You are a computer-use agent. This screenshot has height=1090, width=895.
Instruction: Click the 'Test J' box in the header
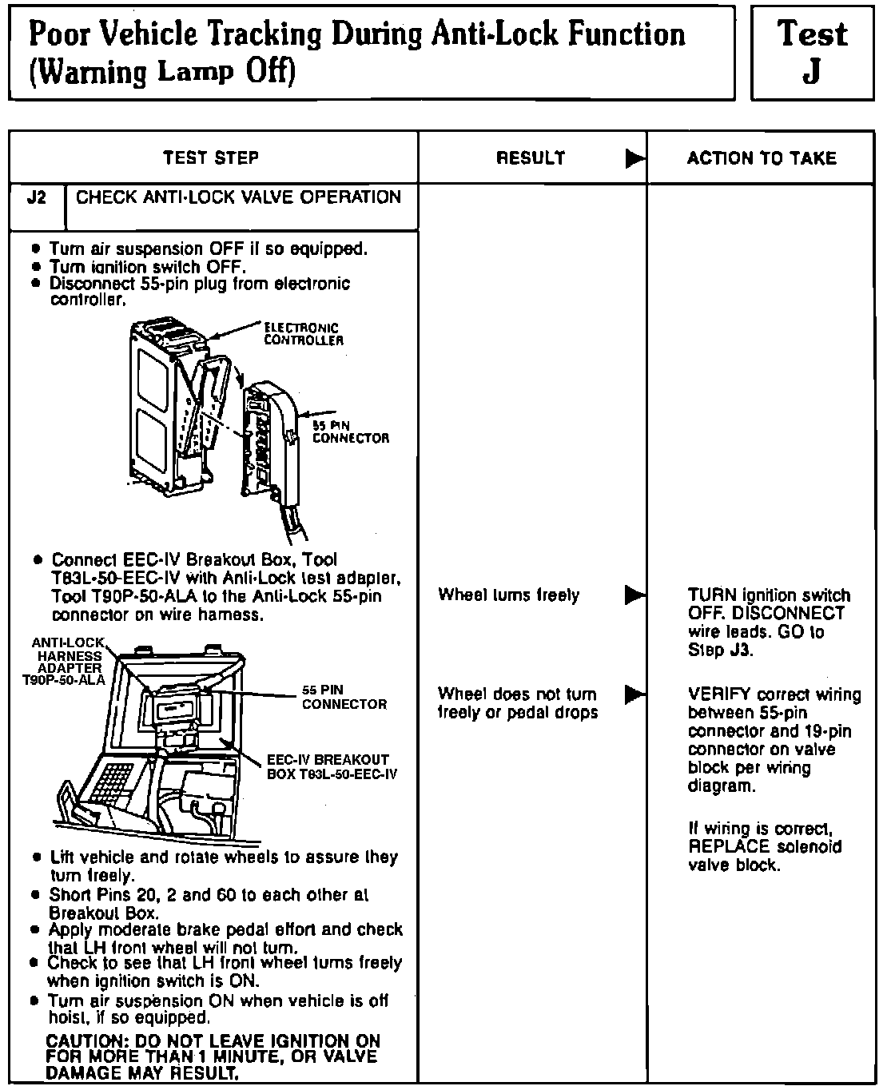click(812, 53)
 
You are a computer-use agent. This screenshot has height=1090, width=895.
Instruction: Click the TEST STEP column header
click(211, 158)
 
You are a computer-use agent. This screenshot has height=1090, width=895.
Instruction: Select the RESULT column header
click(531, 158)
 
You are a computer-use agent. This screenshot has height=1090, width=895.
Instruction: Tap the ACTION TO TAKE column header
click(761, 158)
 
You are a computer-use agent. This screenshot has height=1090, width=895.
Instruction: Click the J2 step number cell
click(37, 198)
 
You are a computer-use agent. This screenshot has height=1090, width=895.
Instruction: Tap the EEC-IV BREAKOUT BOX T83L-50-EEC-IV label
click(332, 766)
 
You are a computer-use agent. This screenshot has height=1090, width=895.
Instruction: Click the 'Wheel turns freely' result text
click(509, 595)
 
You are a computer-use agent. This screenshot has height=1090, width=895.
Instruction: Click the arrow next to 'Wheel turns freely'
click(635, 595)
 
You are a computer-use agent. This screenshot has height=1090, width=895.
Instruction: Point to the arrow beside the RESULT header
click(635, 158)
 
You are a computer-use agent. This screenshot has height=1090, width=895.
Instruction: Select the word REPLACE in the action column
click(729, 847)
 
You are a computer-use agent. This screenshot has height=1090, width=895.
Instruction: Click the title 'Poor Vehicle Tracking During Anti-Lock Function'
click(356, 35)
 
